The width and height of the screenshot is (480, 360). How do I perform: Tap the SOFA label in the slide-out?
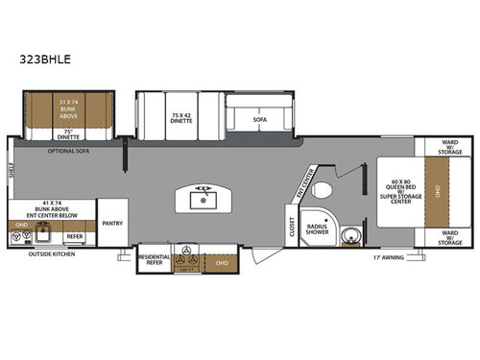(x=258, y=120)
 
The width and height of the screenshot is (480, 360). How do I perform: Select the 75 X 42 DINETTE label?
(x=180, y=118)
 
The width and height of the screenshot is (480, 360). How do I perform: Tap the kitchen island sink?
(x=204, y=201)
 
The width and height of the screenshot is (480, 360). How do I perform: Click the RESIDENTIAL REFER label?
(x=154, y=259)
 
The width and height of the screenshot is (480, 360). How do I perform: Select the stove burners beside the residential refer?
(x=186, y=258)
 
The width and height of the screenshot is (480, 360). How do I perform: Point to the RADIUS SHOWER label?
(x=318, y=230)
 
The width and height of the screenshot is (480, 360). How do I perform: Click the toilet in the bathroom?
(x=324, y=188)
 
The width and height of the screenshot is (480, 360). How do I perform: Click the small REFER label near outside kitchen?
(x=74, y=235)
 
